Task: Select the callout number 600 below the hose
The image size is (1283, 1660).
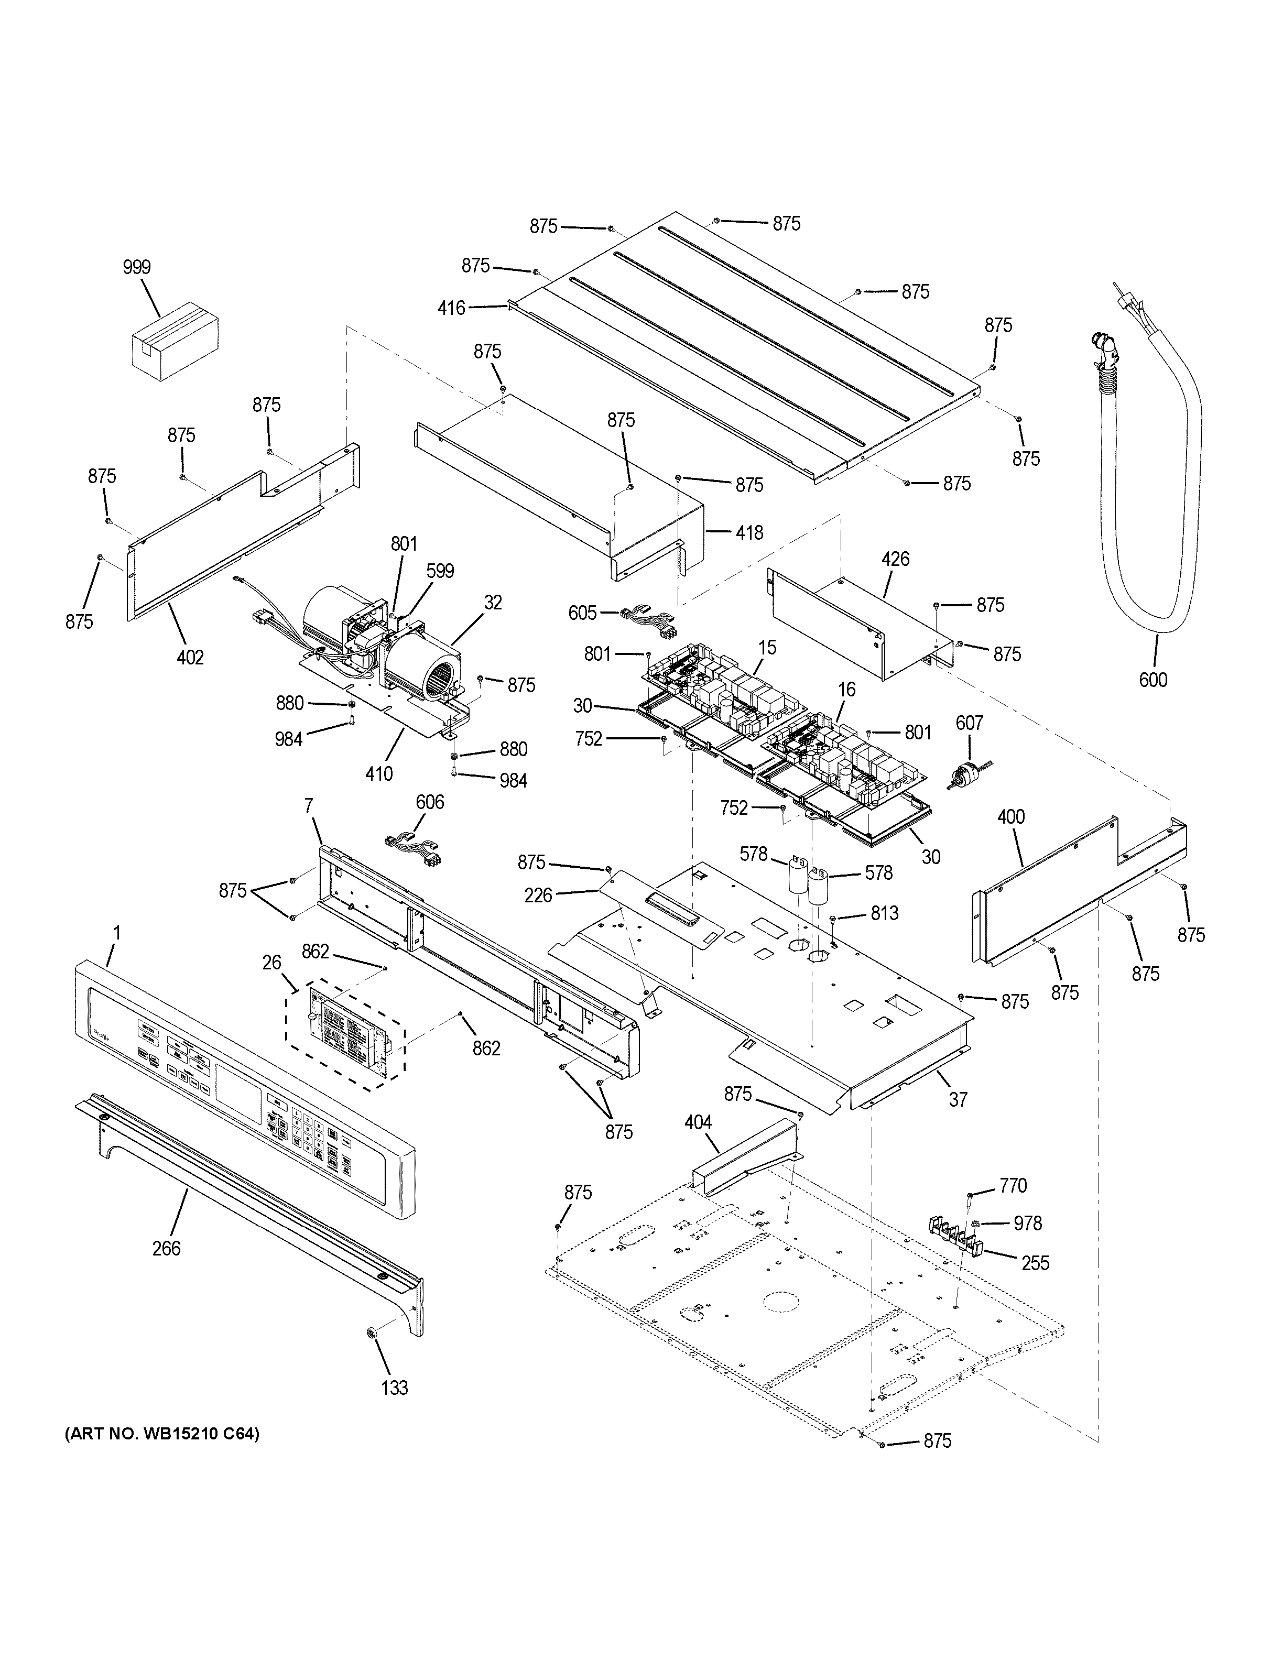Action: coord(1152,680)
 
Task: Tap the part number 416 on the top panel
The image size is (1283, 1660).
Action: coord(451,308)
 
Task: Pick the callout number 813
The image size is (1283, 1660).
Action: coord(885,913)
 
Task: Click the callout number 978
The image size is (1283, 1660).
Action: coord(1028,1223)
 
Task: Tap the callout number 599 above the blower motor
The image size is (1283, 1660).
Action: coord(440,571)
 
